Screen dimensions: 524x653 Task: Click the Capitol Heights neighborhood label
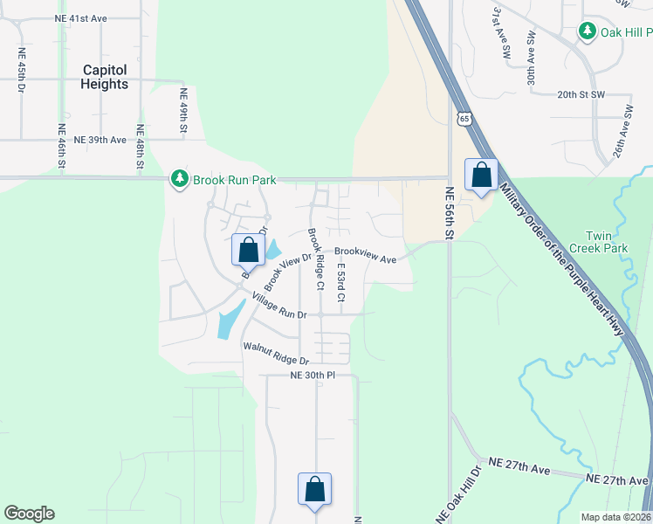[105, 77]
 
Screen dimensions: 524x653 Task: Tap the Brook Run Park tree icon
[180, 179]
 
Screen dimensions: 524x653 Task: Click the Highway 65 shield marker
[464, 119]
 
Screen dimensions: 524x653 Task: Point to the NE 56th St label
[450, 214]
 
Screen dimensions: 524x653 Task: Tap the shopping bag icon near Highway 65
[481, 175]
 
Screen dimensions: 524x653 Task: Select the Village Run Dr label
[279, 306]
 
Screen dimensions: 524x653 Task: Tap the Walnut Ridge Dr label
[276, 354]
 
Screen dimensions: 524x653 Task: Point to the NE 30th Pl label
[313, 376]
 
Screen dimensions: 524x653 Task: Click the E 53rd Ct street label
[340, 282]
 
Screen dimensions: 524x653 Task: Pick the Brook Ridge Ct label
[315, 259]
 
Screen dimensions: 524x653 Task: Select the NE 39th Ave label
[100, 140]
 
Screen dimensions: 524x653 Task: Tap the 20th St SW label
[580, 94]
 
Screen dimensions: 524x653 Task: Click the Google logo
[29, 514]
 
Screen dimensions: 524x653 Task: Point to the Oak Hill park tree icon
[588, 32]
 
